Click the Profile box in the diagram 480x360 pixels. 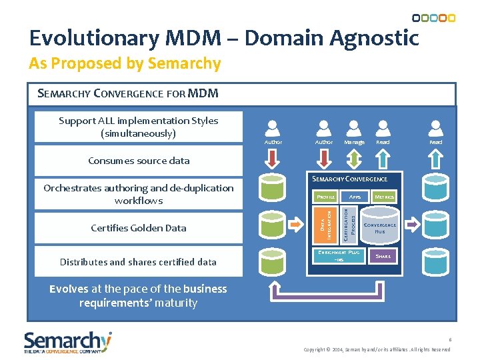[x=326, y=197]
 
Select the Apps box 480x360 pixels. [x=355, y=197]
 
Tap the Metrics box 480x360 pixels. [x=384, y=197]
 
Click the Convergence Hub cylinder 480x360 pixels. [x=380, y=227]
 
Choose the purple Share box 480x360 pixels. [x=383, y=256]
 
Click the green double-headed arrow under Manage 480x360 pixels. [x=354, y=158]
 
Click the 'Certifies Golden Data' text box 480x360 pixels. [x=139, y=228]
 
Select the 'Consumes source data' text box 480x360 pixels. [x=139, y=161]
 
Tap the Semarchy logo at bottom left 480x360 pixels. [x=67, y=342]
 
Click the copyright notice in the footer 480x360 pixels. [x=377, y=349]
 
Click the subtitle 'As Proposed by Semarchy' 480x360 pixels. [x=125, y=63]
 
